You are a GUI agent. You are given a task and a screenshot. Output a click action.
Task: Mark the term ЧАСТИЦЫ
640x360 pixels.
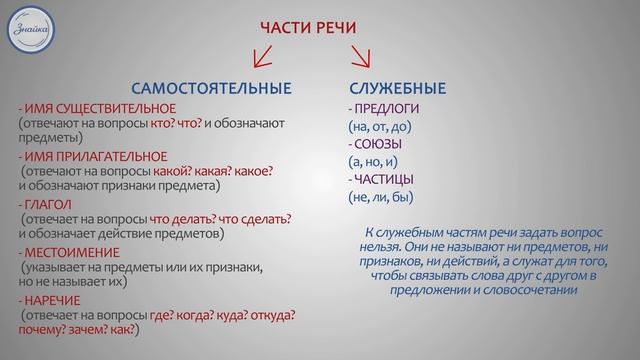[383, 180]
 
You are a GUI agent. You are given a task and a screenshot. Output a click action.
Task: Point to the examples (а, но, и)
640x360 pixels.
[373, 162]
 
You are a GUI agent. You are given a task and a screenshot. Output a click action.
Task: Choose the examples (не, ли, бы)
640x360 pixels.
[377, 198]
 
